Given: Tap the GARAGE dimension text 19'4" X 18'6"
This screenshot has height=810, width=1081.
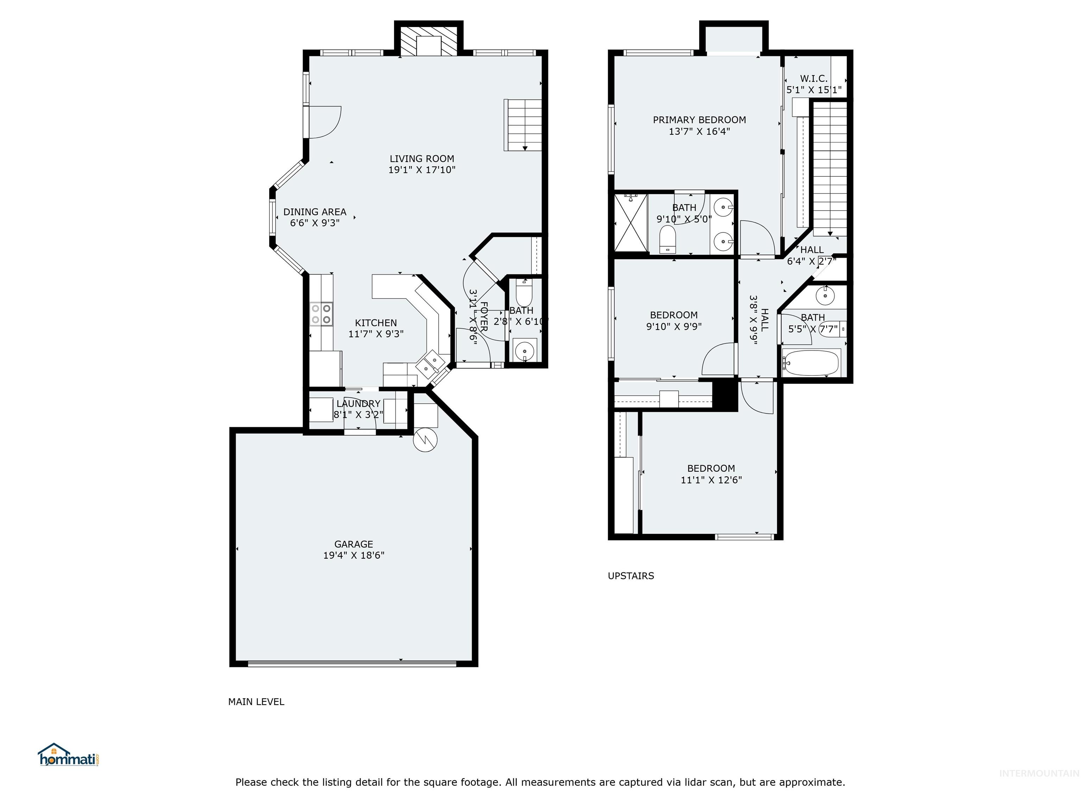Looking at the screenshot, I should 353,555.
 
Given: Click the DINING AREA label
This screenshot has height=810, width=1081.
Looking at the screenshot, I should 315,212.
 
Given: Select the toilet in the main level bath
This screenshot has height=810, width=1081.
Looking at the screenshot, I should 524,294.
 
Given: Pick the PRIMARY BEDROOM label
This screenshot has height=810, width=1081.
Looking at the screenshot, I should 699,120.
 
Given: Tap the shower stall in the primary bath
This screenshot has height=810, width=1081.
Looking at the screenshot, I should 631,223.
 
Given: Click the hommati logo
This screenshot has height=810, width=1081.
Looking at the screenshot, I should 68,756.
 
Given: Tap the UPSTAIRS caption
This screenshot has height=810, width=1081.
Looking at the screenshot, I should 631,576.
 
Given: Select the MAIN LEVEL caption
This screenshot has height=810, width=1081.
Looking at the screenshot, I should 256,702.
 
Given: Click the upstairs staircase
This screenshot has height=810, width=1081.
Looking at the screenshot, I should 830,168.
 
